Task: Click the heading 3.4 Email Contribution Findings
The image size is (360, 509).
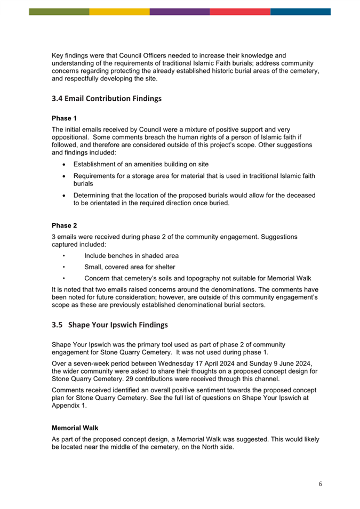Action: coord(106,99)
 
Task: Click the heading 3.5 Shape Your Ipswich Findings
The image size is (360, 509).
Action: coord(110,325)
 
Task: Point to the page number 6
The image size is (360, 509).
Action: coord(320,484)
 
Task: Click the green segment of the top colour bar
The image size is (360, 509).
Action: coord(59,11)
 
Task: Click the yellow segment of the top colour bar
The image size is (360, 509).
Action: coord(119,11)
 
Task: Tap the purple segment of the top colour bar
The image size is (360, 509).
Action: coord(180,11)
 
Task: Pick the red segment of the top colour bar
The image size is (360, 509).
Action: coord(240,11)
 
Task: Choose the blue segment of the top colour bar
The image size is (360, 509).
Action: coord(300,11)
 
